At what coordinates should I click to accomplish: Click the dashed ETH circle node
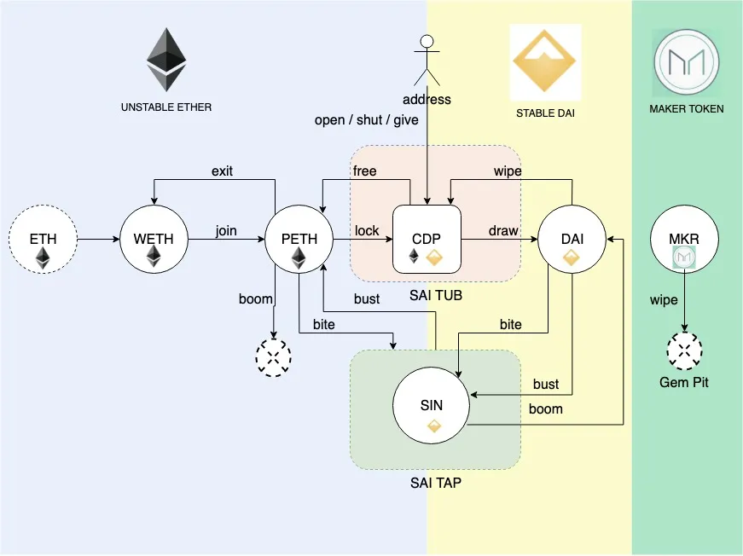[43, 239]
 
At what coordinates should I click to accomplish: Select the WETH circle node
[154, 239]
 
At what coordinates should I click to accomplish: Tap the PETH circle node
[299, 239]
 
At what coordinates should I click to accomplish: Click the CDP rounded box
[427, 239]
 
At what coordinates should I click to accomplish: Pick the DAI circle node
[572, 239]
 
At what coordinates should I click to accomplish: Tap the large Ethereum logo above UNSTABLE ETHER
[166, 60]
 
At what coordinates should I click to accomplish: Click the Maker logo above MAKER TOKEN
[686, 61]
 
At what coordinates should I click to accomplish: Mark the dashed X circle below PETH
[274, 357]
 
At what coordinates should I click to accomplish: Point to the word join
[226, 231]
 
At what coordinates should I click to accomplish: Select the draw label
[502, 231]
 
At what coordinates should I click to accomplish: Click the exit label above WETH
[222, 171]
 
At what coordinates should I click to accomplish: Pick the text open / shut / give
[367, 120]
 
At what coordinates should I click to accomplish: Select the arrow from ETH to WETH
[98, 240]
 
